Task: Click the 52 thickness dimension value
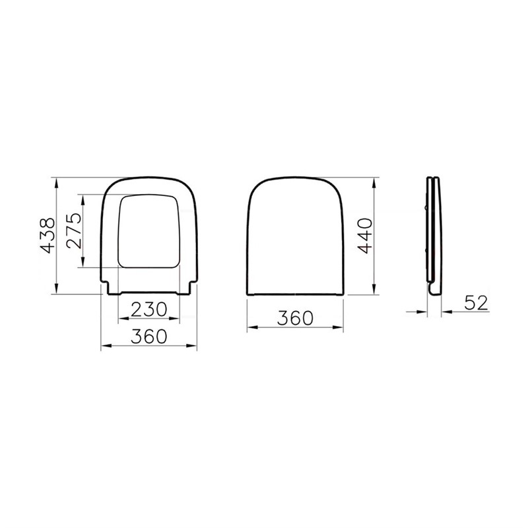tap(475, 302)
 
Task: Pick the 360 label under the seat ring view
tap(148, 337)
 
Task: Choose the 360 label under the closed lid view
tap(294, 318)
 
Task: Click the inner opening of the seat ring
tap(150, 231)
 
